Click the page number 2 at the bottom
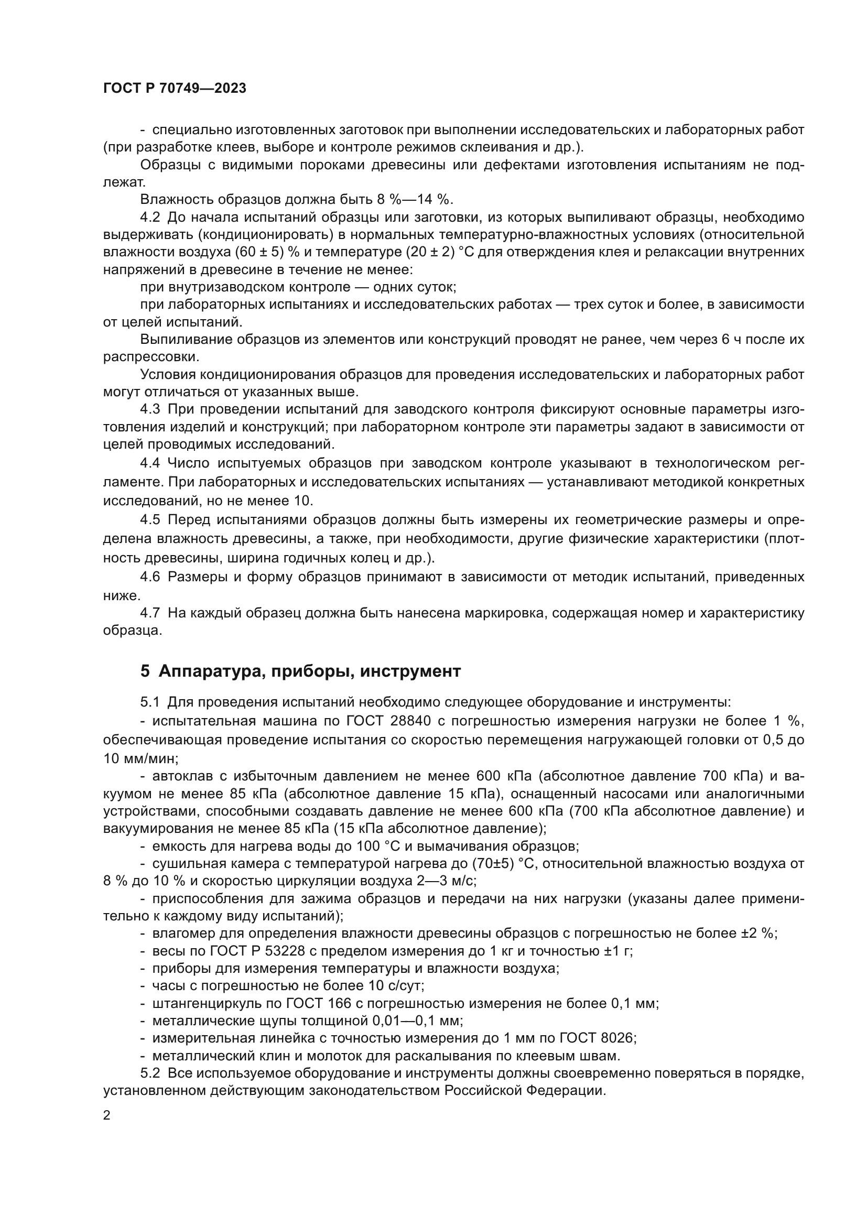pyautogui.click(x=107, y=1115)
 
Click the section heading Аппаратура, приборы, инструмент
pyautogui.click(x=309, y=671)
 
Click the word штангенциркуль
pyautogui.click(x=208, y=1003)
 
